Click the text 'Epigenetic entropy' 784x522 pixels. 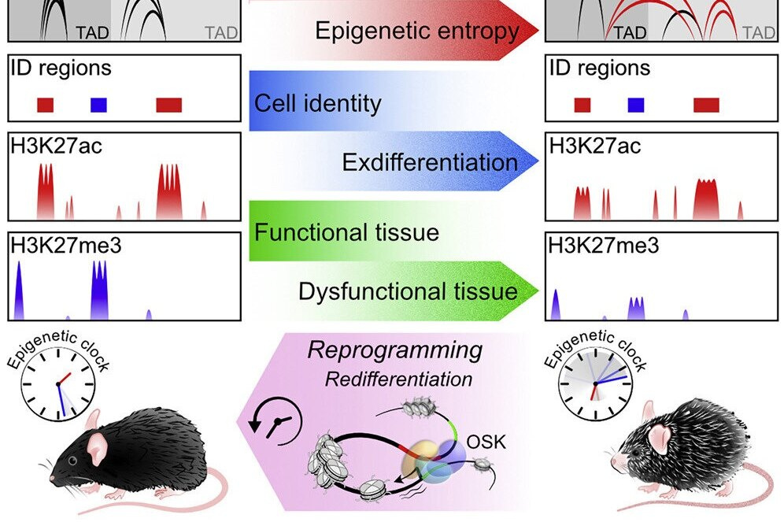click(417, 31)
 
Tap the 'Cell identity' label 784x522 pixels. click(317, 103)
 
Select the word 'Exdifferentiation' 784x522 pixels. click(430, 162)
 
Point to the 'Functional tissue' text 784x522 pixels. click(346, 232)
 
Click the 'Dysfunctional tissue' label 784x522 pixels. click(408, 292)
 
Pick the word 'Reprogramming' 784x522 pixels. click(394, 350)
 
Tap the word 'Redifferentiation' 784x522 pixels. click(399, 379)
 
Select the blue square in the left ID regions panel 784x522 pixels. click(98, 104)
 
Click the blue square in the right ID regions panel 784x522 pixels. click(636, 104)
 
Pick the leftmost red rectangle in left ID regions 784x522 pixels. click(46, 104)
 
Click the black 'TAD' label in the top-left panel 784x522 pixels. click(91, 33)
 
